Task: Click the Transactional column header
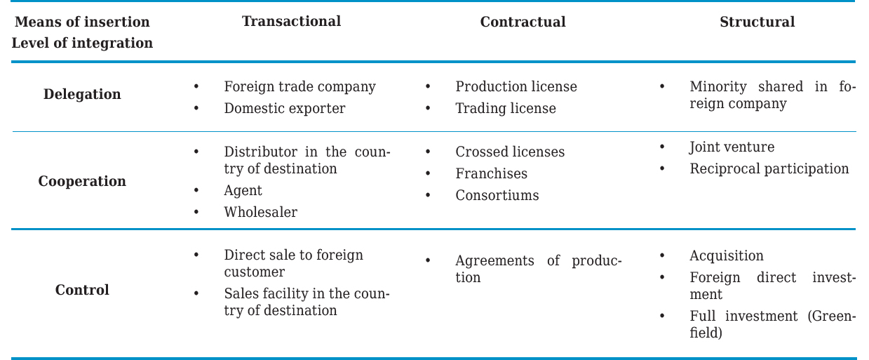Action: coord(291,21)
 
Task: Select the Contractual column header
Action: coord(523,22)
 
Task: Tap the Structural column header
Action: coord(757,22)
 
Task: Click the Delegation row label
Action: coord(82,94)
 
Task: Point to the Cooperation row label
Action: coord(82,181)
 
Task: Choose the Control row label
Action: coord(82,290)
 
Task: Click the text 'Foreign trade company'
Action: coord(299,86)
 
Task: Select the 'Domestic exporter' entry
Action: coord(284,108)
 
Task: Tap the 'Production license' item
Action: coord(516,86)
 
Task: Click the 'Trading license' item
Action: coord(505,108)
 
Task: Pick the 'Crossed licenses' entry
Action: coord(509,152)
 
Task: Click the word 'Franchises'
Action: coord(491,173)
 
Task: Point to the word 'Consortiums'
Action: coord(497,195)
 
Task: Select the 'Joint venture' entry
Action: coord(732,147)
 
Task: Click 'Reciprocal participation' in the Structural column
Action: coord(769,168)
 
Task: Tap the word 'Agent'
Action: coord(243,190)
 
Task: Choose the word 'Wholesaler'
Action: coord(260,212)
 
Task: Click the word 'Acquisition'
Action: coord(726,255)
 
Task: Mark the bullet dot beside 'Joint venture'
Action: coord(662,147)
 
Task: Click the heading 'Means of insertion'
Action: coord(82,21)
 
